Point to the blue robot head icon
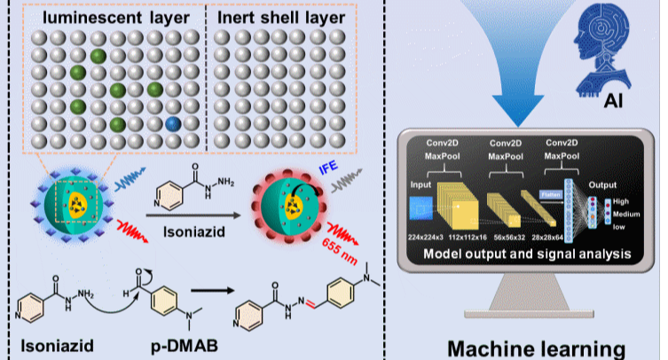[x=611, y=49]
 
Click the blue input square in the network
[x=420, y=208]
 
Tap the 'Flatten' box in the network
[x=549, y=194]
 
